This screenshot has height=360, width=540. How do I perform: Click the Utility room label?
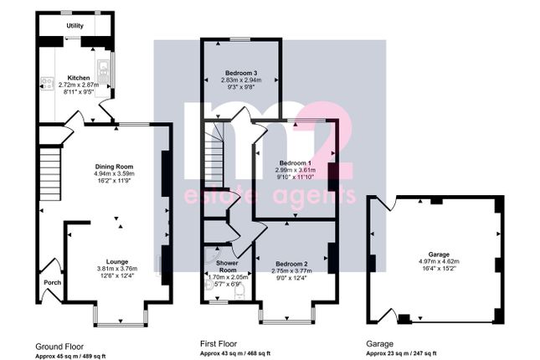click(x=75, y=26)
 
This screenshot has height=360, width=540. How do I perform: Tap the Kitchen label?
click(x=79, y=78)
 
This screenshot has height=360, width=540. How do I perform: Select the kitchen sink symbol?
click(x=103, y=72)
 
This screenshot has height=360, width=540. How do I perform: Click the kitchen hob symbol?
click(x=47, y=83)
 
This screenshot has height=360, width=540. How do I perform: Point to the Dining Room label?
click(x=114, y=167)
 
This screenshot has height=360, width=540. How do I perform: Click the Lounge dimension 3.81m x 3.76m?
click(x=117, y=269)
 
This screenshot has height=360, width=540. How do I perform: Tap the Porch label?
click(x=53, y=282)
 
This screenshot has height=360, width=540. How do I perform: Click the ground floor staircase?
click(x=50, y=174)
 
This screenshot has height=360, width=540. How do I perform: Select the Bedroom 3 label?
click(x=241, y=73)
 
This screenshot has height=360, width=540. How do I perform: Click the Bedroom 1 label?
click(x=296, y=163)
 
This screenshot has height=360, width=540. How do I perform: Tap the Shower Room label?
click(x=227, y=266)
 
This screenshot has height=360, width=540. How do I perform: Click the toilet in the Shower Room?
click(x=239, y=291)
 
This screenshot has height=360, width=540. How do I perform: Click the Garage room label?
click(x=439, y=255)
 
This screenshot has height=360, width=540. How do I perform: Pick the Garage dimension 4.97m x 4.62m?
click(x=439, y=261)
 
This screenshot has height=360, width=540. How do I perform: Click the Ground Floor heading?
click(x=59, y=347)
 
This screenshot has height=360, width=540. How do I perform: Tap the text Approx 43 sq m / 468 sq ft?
click(x=235, y=353)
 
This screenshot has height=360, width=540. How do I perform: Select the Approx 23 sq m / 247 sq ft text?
click(x=401, y=353)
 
